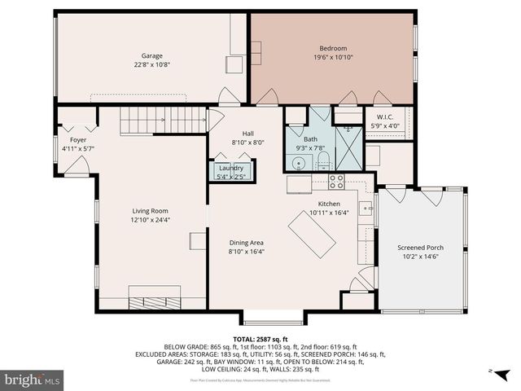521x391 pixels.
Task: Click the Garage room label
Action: click(151, 56)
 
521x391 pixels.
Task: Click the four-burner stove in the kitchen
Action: click(336, 181)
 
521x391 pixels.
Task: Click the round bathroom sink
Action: click(299, 164)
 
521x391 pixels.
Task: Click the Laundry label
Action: click(231, 168)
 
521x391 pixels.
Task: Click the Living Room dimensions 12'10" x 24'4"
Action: click(151, 220)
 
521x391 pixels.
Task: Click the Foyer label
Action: click(78, 139)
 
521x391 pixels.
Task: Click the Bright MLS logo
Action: click(32, 380)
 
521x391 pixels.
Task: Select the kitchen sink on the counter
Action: click(367, 207)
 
